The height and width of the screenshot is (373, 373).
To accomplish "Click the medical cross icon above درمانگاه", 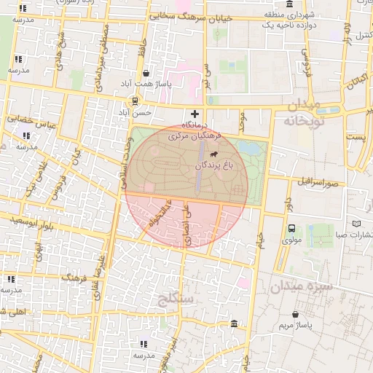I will pyautogui.click(x=195, y=114).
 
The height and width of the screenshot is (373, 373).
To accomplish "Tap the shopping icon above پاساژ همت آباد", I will pyautogui.click(x=146, y=74).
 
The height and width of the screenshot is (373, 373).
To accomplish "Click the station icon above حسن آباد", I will pyautogui.click(x=136, y=101).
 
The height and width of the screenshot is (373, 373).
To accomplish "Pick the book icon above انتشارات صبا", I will pyautogui.click(x=356, y=224).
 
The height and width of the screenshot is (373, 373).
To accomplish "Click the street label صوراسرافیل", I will pyautogui.click(x=315, y=181).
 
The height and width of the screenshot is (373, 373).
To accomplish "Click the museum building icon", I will pyautogui.click(x=233, y=323).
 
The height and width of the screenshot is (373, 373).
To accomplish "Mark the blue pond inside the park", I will pyautogui.click(x=248, y=149).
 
